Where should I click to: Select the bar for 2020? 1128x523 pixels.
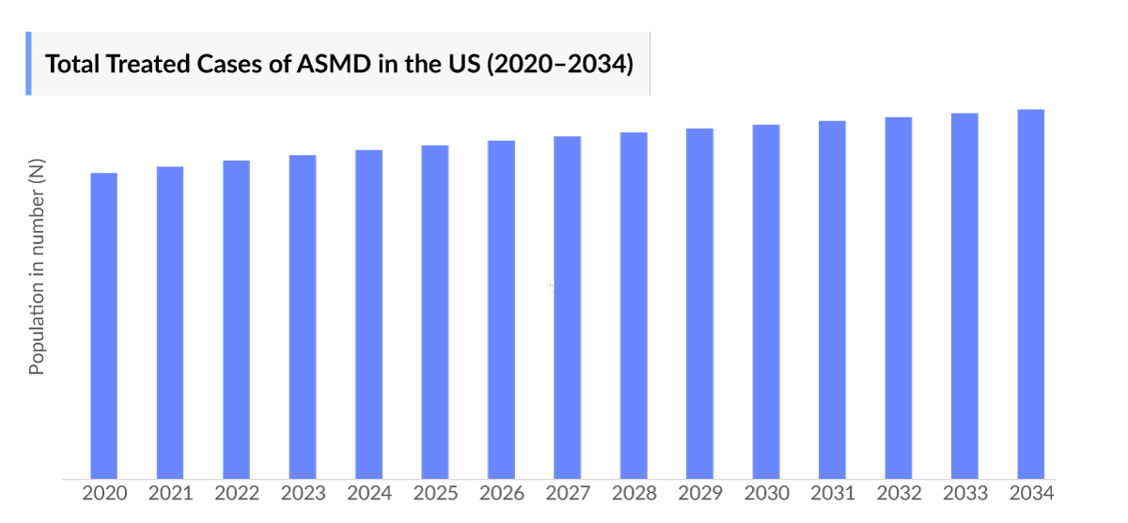(x=103, y=325)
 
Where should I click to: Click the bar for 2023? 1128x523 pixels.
(x=303, y=316)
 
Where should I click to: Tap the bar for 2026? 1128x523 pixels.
(x=501, y=309)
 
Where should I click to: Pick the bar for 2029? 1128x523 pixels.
(x=699, y=302)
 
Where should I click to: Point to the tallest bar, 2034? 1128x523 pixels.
(x=1030, y=294)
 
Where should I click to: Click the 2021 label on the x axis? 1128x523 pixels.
(x=170, y=494)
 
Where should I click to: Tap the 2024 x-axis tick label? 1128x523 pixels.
(x=368, y=494)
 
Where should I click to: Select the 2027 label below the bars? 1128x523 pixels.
(x=567, y=494)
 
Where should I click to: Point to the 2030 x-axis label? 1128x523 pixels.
(x=766, y=494)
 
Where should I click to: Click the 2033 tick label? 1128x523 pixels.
(x=964, y=494)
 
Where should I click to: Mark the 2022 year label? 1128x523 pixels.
(x=236, y=494)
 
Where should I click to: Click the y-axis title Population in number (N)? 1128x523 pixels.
(x=37, y=268)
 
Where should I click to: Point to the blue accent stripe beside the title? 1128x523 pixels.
(x=28, y=63)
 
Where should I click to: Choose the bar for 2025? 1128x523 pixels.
(x=434, y=312)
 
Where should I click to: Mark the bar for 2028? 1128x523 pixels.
(x=634, y=305)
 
